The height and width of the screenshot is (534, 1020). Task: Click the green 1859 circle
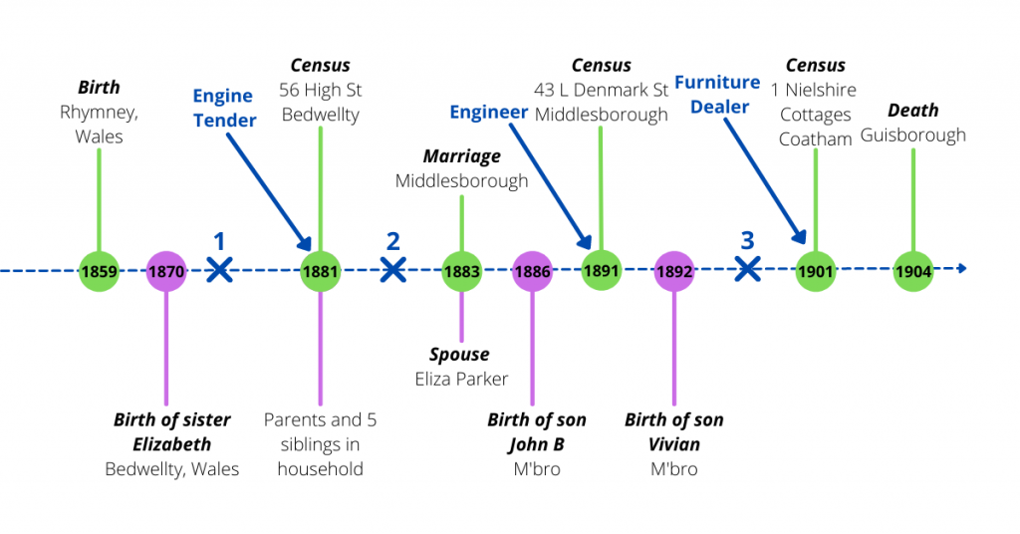[99, 270]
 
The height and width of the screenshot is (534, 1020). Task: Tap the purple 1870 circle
[166, 270]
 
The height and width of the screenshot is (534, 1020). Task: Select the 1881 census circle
[321, 270]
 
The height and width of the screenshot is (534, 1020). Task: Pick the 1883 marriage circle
[462, 270]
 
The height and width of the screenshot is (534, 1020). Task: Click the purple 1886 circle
[532, 270]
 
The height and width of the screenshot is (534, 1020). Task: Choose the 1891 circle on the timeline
[601, 269]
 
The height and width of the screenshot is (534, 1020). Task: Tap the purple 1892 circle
[674, 270]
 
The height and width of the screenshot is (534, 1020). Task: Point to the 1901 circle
[816, 270]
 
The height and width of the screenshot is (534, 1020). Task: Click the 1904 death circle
[912, 270]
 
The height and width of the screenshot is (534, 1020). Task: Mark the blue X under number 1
[220, 269]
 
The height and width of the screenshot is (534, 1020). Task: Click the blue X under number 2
[393, 269]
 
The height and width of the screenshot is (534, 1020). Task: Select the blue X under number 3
[747, 268]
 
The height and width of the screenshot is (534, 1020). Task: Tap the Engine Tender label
[223, 108]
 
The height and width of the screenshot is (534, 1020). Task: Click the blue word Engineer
[488, 112]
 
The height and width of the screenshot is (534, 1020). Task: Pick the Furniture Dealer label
[718, 94]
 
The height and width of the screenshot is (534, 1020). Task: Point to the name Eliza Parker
[461, 379]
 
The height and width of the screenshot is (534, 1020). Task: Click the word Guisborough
[913, 134]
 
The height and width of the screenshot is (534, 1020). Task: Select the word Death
[913, 111]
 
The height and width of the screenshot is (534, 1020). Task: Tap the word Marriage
[461, 156]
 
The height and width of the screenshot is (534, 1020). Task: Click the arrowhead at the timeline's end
[961, 268]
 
